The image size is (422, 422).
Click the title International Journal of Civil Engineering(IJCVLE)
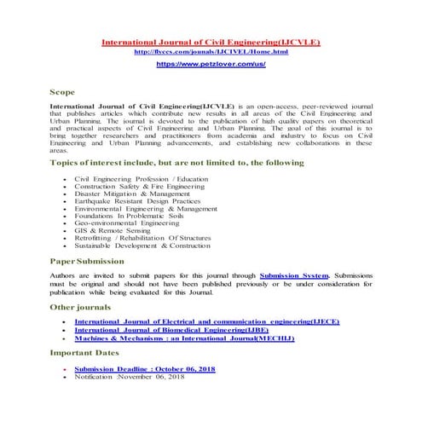tap(211, 41)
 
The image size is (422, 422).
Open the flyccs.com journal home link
tap(211, 52)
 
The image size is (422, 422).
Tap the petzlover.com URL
tap(211, 64)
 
